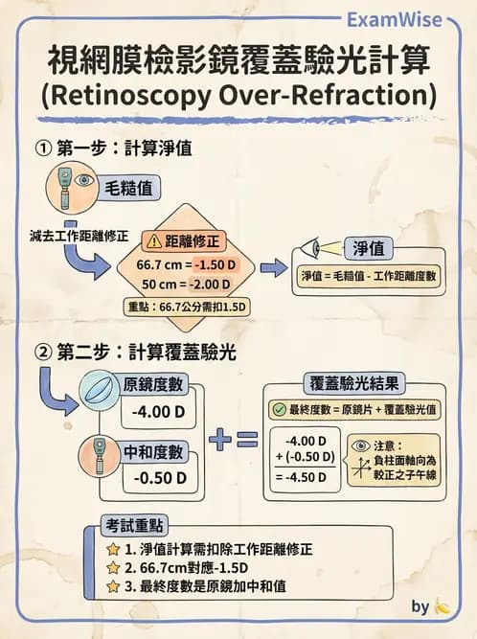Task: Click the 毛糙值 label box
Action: (131, 187)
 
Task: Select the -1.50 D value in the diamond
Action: (216, 263)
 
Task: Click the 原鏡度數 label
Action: (156, 386)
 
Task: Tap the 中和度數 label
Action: (156, 450)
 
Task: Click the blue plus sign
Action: (220, 440)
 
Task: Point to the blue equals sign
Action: (247, 440)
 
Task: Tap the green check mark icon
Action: (279, 409)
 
